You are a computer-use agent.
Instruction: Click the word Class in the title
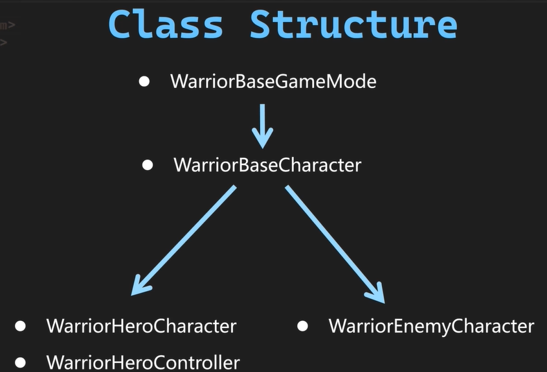pyautogui.click(x=166, y=25)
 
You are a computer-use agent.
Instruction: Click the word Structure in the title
pyautogui.click(x=353, y=25)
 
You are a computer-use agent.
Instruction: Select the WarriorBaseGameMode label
pyautogui.click(x=273, y=82)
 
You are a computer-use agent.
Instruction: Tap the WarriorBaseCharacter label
pyautogui.click(x=267, y=165)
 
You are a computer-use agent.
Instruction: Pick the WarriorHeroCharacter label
pyautogui.click(x=141, y=325)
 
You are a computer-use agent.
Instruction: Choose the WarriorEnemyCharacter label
pyautogui.click(x=431, y=325)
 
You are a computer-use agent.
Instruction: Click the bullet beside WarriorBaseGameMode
pyautogui.click(x=144, y=82)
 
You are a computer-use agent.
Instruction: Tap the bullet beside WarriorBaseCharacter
pyautogui.click(x=148, y=165)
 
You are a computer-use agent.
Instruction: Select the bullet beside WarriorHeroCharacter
pyautogui.click(x=21, y=325)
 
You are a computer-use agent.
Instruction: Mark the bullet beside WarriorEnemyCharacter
pyautogui.click(x=303, y=325)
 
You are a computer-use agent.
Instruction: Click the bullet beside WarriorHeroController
pyautogui.click(x=21, y=362)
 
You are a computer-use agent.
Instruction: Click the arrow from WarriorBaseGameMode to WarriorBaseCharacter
pyautogui.click(x=262, y=123)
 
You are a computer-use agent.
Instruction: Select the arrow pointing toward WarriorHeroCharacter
pyautogui.click(x=184, y=239)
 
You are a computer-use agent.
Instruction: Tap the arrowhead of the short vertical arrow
pyautogui.click(x=262, y=138)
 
